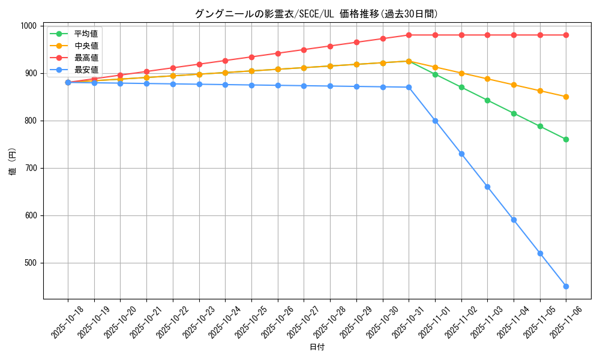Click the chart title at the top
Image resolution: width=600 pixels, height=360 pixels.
coord(317,14)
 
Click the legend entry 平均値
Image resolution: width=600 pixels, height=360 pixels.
coord(86,34)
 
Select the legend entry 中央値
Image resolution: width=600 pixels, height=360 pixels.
coord(86,46)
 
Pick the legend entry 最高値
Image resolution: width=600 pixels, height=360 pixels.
coord(86,58)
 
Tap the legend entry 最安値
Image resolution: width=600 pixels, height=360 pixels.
coord(86,70)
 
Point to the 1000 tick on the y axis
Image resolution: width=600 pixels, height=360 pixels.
coord(29,26)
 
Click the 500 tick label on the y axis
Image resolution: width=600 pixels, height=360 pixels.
coord(31,263)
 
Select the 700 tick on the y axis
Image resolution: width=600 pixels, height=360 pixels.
coord(31,168)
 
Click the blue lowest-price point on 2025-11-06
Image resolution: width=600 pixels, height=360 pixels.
coord(566,286)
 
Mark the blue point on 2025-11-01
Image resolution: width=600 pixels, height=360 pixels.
coord(435,121)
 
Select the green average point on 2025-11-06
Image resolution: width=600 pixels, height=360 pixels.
coord(566,139)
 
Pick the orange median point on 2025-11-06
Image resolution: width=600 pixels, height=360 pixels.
coord(566,97)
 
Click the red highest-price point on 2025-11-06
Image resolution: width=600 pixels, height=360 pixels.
coord(566,35)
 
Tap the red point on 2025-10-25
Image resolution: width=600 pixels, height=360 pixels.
coord(251,57)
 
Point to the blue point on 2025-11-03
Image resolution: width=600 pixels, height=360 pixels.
coord(487,187)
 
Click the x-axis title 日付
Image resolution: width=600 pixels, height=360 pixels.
coord(317,347)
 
